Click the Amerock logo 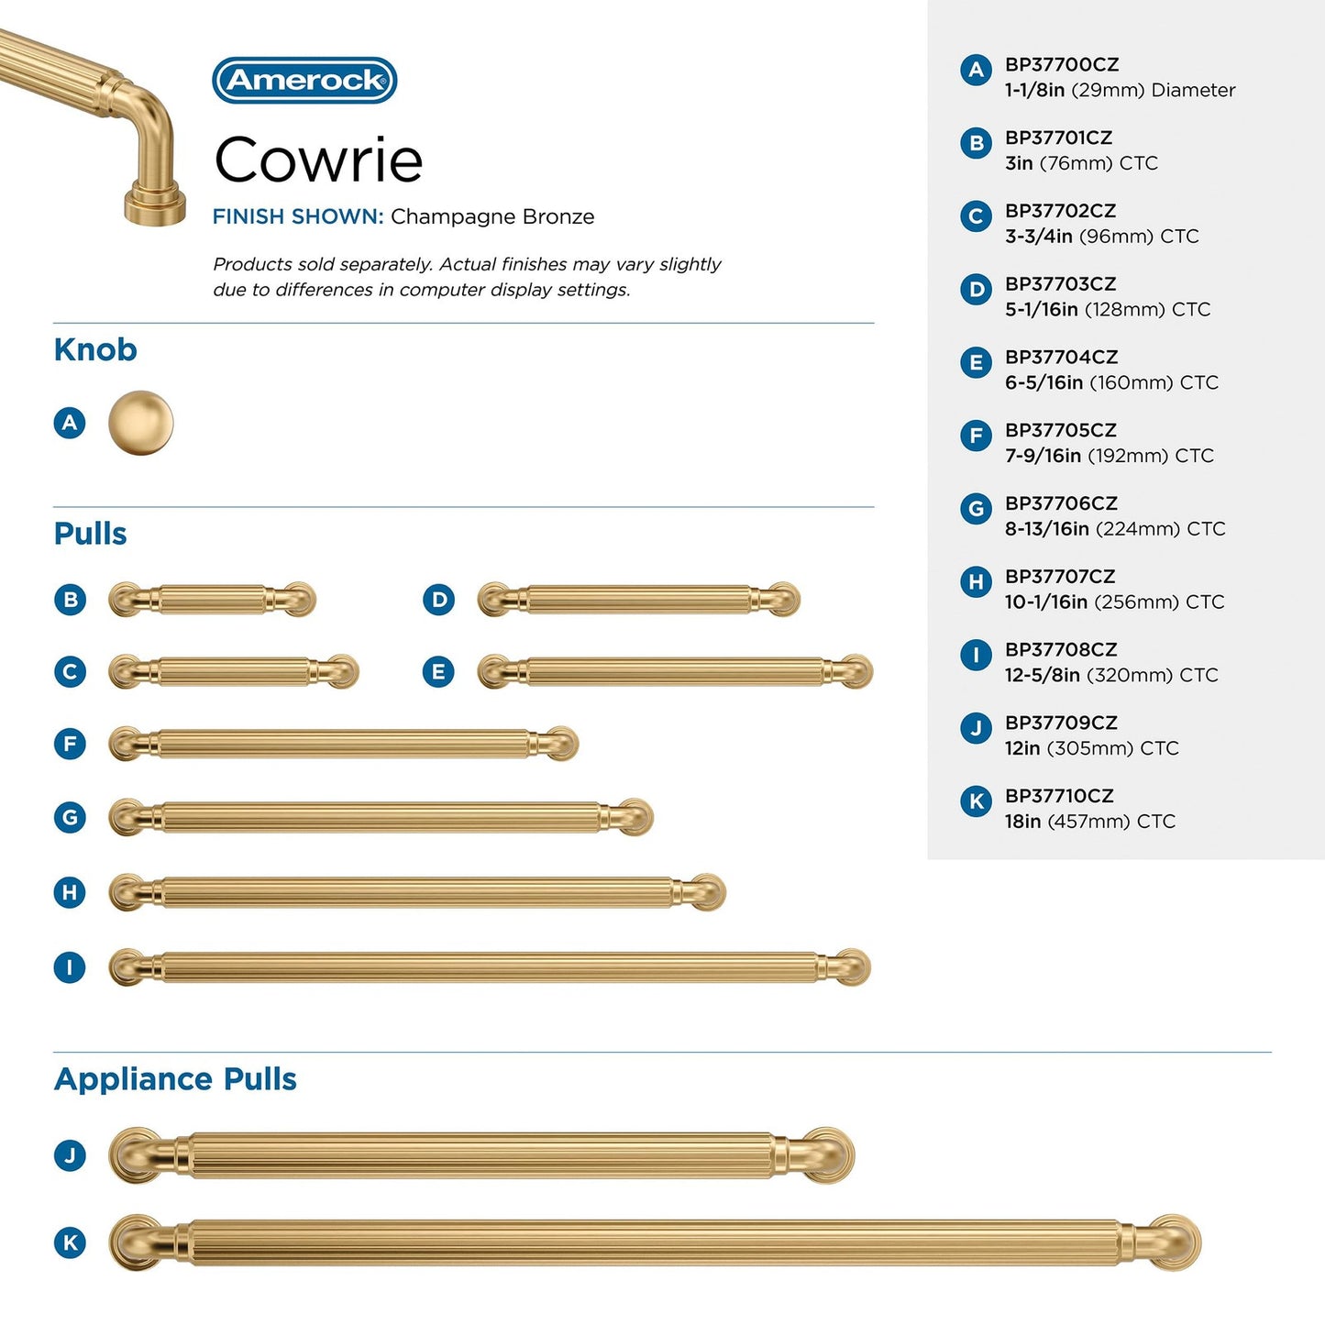pos(304,81)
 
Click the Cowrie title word pos(318,160)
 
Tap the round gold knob pos(140,423)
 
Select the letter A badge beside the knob pos(70,423)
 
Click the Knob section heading pos(95,349)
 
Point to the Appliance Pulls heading pos(175,1079)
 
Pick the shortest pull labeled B pos(212,600)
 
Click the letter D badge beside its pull pos(439,600)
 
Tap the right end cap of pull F pos(560,744)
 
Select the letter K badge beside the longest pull pos(70,1243)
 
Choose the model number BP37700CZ pos(1062,65)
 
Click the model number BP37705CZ pos(1061,430)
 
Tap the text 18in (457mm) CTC pos(1089,822)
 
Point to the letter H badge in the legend pos(976,581)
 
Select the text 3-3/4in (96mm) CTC pos(1101,237)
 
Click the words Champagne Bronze pos(492,217)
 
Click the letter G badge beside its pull pos(70,817)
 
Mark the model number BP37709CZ pos(1061,723)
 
